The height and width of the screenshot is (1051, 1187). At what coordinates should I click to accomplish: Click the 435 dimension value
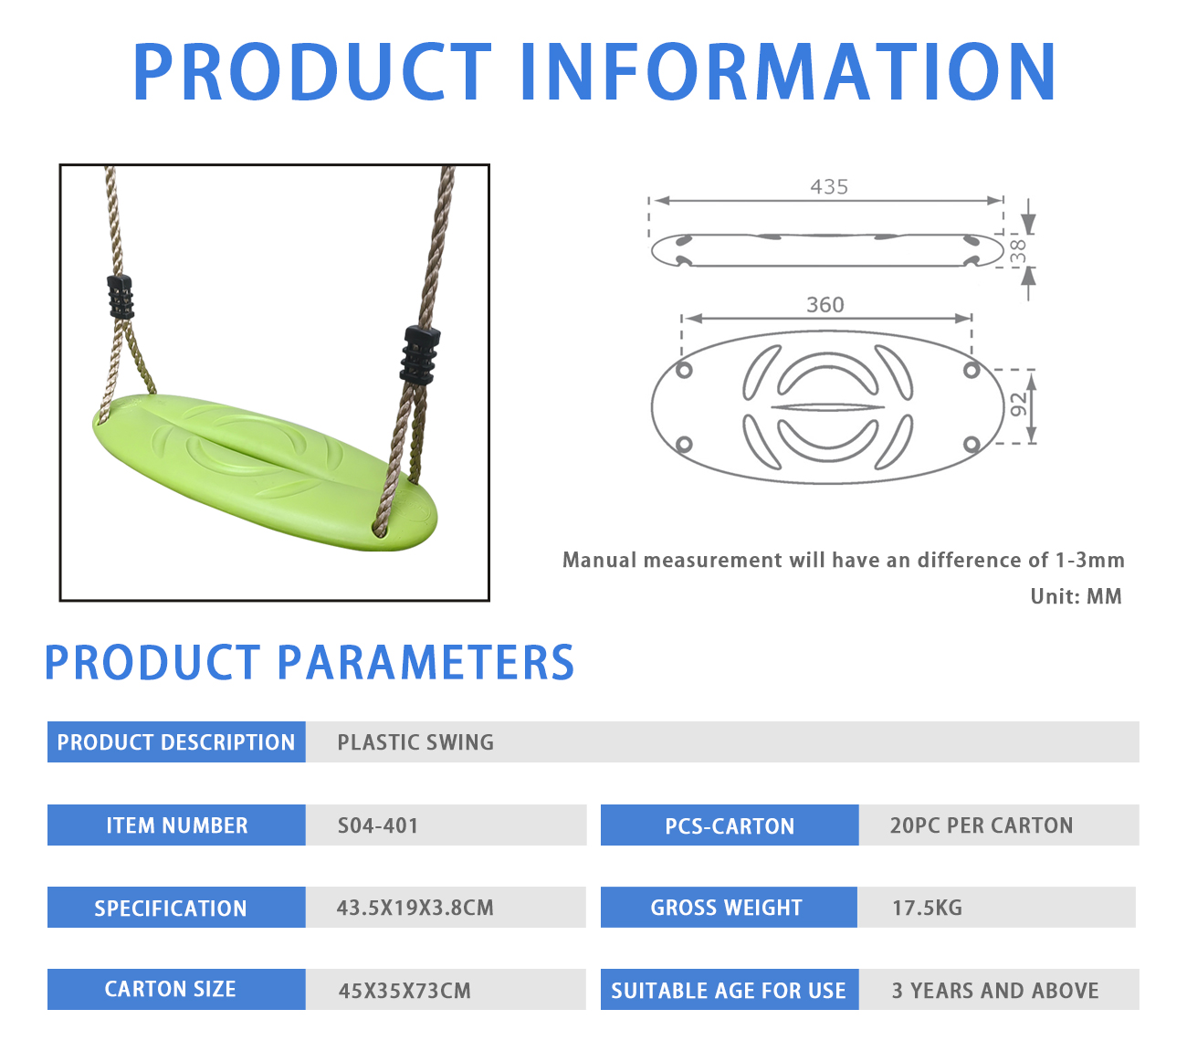coord(828,187)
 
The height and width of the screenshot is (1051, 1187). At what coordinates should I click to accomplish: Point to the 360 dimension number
coord(825,305)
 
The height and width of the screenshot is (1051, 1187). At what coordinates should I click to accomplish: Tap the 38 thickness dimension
coord(1018,251)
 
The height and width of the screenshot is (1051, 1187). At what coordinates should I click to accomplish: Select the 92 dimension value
coord(1019,405)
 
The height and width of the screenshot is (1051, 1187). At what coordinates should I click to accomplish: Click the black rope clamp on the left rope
coord(121,297)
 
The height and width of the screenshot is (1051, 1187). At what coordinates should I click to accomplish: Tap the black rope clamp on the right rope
coord(420,355)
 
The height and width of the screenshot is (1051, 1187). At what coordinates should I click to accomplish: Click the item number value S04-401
coord(378,825)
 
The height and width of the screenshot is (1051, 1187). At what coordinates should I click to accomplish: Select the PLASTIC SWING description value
coord(415,742)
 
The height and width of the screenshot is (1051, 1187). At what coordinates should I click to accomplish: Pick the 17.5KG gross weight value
coord(927,908)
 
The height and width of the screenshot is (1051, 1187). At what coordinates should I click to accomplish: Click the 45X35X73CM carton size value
coord(404,991)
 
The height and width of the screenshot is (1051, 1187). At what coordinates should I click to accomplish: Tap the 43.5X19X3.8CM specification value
coord(415,908)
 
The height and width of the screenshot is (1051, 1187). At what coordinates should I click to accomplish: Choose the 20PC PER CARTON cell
coord(982,825)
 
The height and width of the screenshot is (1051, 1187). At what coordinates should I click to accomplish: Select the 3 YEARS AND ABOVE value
coord(995,991)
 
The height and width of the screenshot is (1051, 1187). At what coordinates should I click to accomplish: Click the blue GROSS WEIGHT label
coord(726,908)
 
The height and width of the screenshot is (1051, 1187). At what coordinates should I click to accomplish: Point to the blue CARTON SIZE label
coord(171,990)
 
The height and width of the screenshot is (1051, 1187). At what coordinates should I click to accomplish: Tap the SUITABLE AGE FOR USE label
coord(729,991)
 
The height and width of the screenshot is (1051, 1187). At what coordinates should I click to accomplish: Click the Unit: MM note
coord(1076,596)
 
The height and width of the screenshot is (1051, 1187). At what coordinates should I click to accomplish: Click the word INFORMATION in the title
coord(787,72)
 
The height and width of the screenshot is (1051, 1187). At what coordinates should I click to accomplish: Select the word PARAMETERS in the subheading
coord(425,663)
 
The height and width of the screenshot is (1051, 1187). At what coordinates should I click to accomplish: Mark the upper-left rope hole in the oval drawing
coord(684,370)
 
